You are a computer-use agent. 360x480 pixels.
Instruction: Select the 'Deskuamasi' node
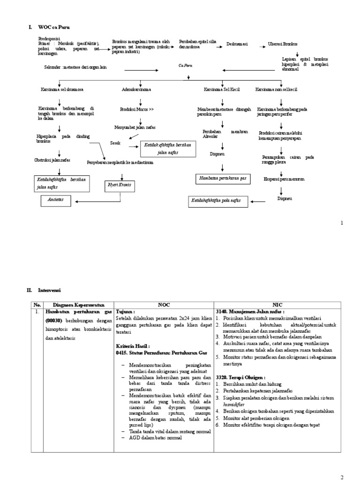coord(237,44)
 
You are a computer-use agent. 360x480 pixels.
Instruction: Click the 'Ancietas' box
coord(55,200)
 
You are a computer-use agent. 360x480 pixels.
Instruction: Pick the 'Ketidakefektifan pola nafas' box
coord(215,200)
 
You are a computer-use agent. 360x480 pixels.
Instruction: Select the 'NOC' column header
coord(164,303)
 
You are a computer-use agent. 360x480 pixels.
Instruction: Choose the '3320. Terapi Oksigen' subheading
coord(240,377)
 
